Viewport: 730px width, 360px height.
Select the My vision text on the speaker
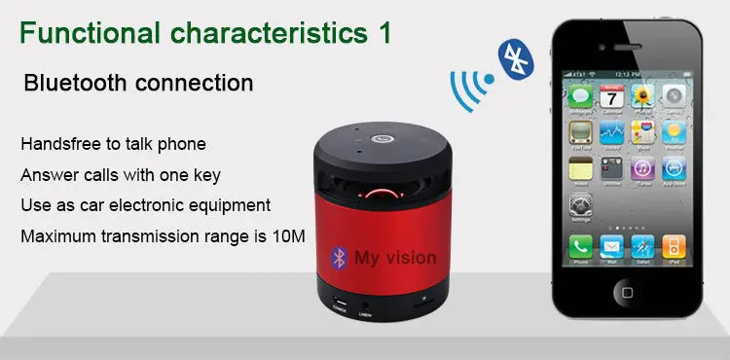click(x=394, y=259)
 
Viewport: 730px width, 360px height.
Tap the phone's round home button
click(x=628, y=291)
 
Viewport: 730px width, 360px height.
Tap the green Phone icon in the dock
click(x=581, y=246)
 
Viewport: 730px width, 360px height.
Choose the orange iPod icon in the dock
click(x=674, y=246)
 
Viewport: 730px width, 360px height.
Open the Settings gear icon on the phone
click(x=581, y=207)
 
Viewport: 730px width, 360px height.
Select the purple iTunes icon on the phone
click(x=642, y=170)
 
